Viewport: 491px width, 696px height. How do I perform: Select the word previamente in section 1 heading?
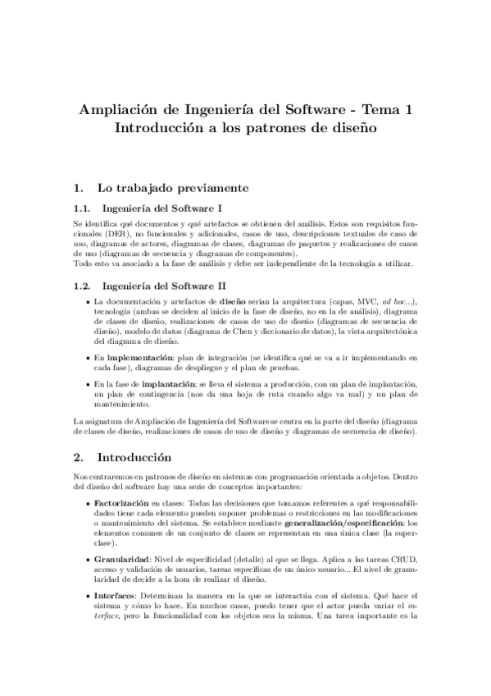click(x=206, y=187)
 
